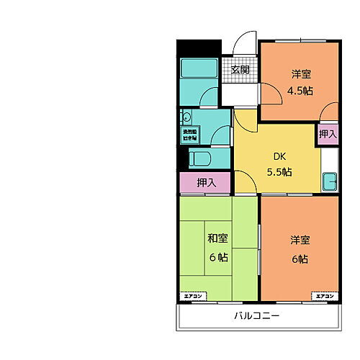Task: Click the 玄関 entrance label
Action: pyautogui.click(x=240, y=70)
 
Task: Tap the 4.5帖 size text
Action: pyautogui.click(x=300, y=90)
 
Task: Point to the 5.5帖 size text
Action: pyautogui.click(x=279, y=171)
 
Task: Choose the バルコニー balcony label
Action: pyautogui.click(x=256, y=315)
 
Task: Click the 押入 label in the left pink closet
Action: pyautogui.click(x=206, y=183)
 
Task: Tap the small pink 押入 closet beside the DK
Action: pyautogui.click(x=328, y=134)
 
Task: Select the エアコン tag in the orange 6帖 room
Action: pyautogui.click(x=323, y=296)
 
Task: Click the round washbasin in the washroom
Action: pyautogui.click(x=186, y=117)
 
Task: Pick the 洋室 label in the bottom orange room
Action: pyautogui.click(x=300, y=240)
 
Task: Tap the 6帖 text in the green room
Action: pyautogui.click(x=217, y=257)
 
